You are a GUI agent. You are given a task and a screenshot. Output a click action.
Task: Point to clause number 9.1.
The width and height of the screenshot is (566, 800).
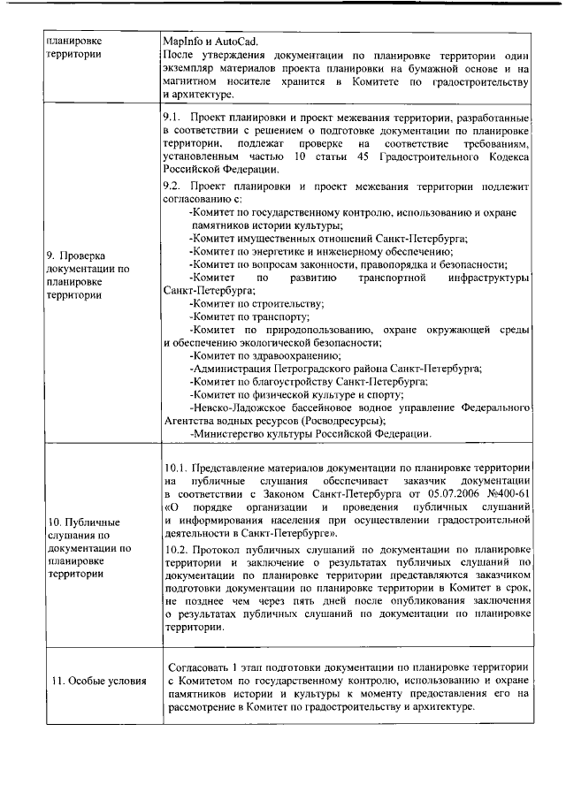pyautogui.click(x=172, y=118)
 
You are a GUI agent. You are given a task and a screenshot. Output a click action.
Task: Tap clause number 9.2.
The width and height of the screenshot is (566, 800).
pyautogui.click(x=172, y=187)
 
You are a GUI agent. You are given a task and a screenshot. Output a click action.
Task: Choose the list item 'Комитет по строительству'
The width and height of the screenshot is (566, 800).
pyautogui.click(x=256, y=303)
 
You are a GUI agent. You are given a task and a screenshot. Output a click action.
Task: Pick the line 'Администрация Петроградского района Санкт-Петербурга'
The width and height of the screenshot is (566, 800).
pyautogui.click(x=335, y=368)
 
